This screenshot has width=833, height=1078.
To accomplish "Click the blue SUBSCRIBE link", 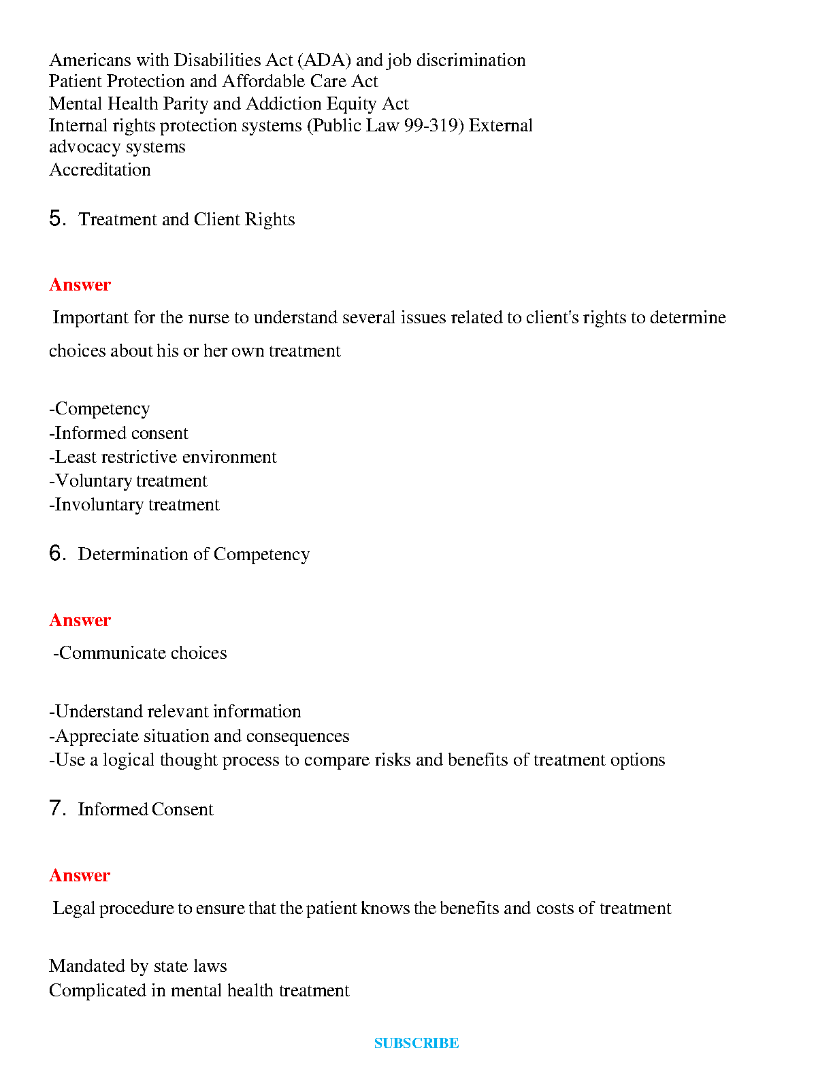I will point(416,1043).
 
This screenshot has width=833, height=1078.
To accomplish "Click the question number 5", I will point(56,218).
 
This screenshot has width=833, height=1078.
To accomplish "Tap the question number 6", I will point(56,553).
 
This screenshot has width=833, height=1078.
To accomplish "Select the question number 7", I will point(56,808).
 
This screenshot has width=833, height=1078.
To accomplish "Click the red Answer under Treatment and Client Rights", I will point(80,284).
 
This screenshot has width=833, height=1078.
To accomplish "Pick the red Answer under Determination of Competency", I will point(80,620).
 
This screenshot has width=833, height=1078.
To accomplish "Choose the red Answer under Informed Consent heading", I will point(80,875).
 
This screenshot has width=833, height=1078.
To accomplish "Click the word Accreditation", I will point(100,169).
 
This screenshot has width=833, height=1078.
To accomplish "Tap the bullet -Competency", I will point(99,408).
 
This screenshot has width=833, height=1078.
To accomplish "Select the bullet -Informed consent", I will point(118,433).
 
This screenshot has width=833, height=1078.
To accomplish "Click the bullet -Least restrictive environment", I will point(163,457).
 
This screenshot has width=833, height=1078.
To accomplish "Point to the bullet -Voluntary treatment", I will point(128,480).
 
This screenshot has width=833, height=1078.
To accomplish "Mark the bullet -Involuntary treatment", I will point(134,504).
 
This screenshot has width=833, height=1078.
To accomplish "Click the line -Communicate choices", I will point(140,653).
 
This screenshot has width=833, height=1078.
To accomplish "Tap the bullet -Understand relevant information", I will point(175,711).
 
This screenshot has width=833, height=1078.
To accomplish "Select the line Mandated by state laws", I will point(138,966).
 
